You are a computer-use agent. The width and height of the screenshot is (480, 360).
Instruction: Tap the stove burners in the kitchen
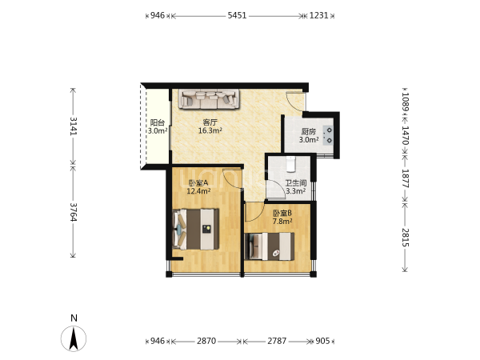coord(328,135)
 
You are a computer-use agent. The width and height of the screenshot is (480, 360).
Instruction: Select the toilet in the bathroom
coord(291,163)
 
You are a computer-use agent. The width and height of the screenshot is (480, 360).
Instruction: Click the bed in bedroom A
coord(196,229)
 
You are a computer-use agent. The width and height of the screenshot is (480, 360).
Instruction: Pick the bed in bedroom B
coord(270,246)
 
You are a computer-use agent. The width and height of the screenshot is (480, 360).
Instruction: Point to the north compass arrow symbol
coord(74,338)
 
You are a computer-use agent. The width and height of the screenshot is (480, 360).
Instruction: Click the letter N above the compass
coord(74,318)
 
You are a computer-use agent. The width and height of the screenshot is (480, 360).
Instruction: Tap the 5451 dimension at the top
coord(237,15)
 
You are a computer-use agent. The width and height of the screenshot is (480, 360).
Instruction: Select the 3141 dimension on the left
coord(73,126)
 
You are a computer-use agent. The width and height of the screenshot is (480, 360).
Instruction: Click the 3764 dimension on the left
coord(73,212)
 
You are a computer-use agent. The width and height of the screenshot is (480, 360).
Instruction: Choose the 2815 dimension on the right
coord(406,238)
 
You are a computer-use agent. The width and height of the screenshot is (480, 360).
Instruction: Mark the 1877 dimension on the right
coord(406,178)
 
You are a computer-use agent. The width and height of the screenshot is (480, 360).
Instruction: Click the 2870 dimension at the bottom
coord(206,341)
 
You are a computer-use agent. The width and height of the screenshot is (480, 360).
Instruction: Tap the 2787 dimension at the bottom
coord(277,341)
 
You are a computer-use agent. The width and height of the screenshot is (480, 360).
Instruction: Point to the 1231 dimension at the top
coord(318,15)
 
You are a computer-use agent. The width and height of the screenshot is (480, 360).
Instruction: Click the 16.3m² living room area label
coord(210,130)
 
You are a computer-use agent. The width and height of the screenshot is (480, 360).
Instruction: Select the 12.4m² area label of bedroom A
coord(198,191)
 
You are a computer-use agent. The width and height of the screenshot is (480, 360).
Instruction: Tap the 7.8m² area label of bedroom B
coord(282,221)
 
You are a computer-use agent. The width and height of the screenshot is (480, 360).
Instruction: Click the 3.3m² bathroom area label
coord(296,191)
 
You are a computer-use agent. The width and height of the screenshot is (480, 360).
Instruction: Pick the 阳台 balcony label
coord(158,122)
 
